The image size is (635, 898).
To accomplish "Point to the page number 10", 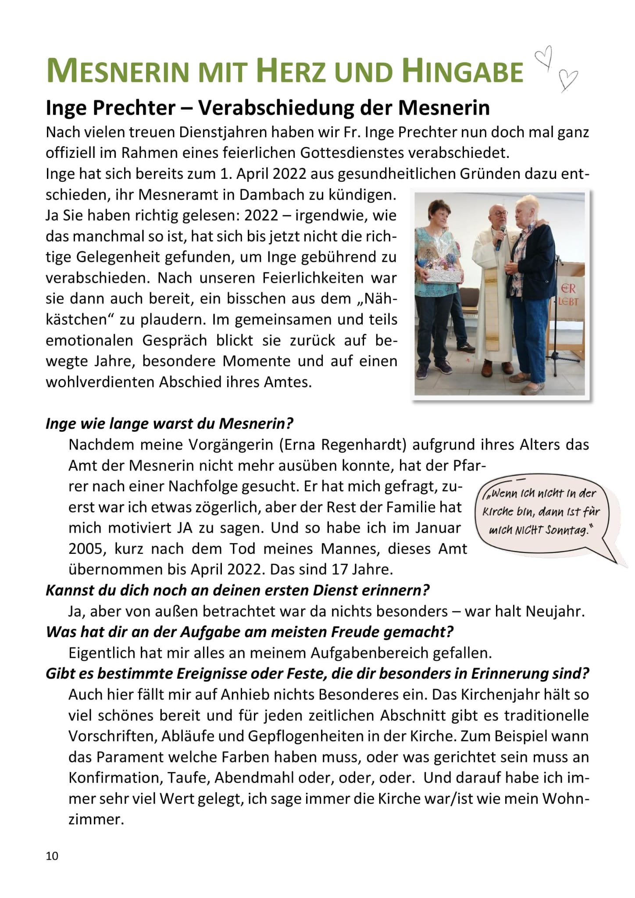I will [52, 855].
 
